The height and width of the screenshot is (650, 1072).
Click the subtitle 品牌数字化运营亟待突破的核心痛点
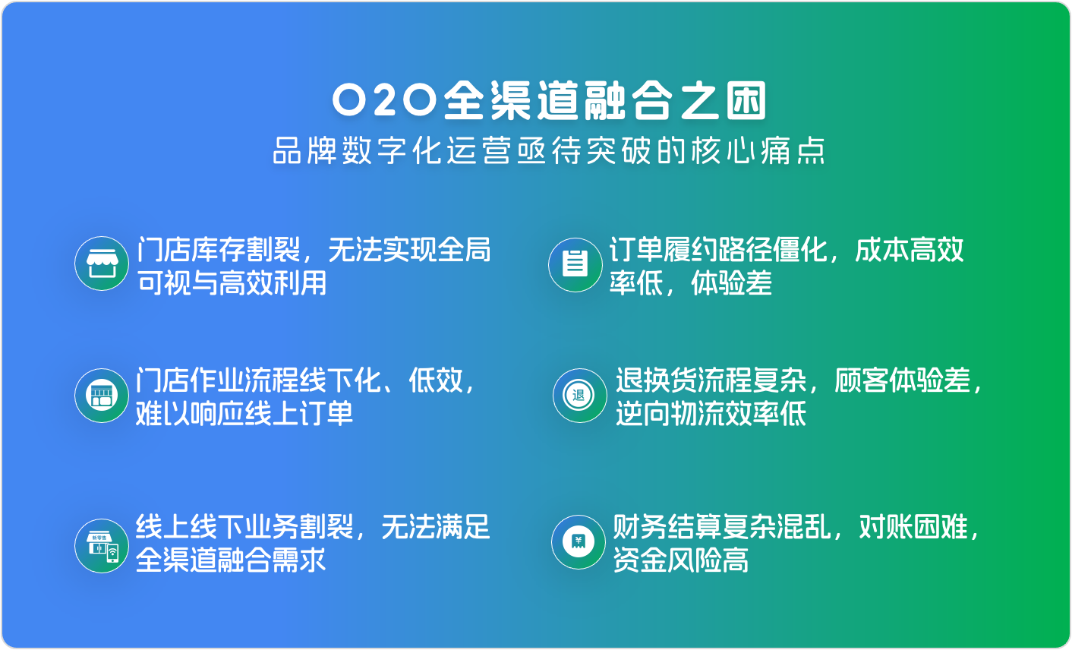pyautogui.click(x=549, y=150)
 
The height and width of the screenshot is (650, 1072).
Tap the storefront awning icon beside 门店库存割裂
pyautogui.click(x=102, y=263)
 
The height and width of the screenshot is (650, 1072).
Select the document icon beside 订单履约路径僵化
pyautogui.click(x=575, y=263)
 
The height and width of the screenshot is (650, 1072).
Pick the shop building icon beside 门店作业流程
pyautogui.click(x=102, y=395)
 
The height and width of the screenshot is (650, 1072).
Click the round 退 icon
pyautogui.click(x=579, y=395)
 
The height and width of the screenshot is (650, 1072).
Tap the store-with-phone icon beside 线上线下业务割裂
pyautogui.click(x=102, y=545)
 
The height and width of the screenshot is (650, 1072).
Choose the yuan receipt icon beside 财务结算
pyautogui.click(x=579, y=542)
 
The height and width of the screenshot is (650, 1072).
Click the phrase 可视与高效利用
pyautogui.click(x=232, y=283)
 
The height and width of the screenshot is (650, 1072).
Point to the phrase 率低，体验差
pyautogui.click(x=690, y=283)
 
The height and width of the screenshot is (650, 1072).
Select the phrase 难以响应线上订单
pyautogui.click(x=244, y=414)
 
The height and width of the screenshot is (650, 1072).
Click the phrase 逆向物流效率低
pyautogui.click(x=711, y=414)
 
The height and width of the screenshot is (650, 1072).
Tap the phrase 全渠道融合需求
pyautogui.click(x=232, y=560)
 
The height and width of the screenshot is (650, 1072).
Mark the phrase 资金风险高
pyautogui.click(x=681, y=560)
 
